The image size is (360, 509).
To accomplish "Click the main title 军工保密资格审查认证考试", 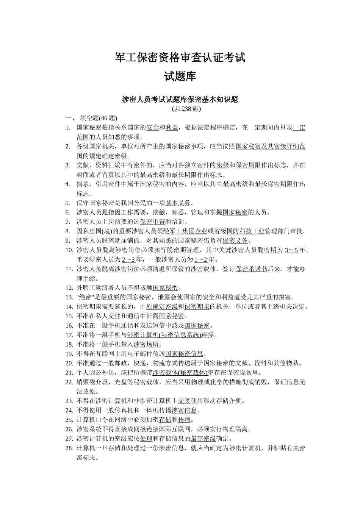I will tap(180, 58).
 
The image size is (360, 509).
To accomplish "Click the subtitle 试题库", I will tap(180, 77).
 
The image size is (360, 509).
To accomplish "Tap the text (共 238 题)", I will tap(186, 109).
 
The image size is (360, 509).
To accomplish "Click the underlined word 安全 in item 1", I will tap(153, 128).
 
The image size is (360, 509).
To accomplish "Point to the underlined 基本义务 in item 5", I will tap(178, 203).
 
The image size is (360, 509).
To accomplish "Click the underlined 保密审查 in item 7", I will tap(152, 222).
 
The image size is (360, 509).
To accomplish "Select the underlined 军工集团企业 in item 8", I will tap(188, 231).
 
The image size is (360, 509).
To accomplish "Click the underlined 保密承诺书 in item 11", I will tap(251, 269).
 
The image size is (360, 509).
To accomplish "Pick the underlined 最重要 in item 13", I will tap(110, 297).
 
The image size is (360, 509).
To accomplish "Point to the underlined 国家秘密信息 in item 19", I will tap(184, 354).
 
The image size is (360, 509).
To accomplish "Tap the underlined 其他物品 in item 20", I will tap(286, 363).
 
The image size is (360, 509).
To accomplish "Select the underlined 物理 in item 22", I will tap(197, 382).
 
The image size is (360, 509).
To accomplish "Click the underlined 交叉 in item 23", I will tap(184, 401).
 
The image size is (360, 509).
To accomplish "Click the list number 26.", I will tap(69, 429).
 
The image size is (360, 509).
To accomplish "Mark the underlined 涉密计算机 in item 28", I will tap(245, 448).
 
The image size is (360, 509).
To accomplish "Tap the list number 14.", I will tap(69, 307).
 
